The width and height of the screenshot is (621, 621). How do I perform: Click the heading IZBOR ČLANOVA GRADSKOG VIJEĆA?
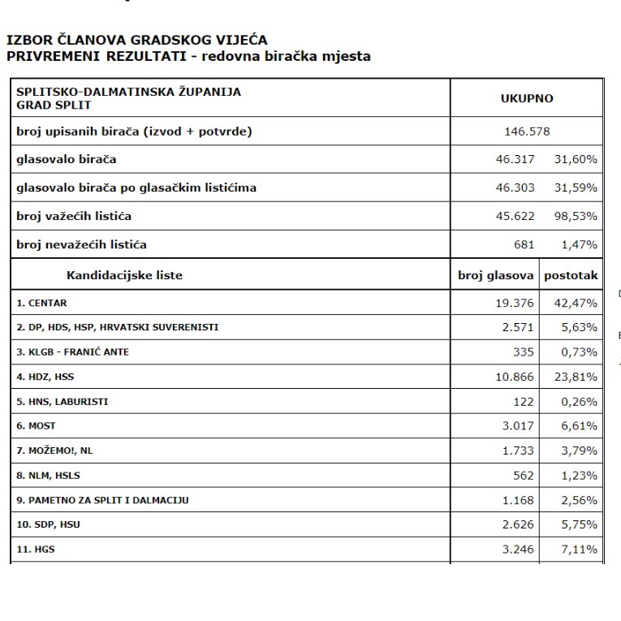click(x=136, y=39)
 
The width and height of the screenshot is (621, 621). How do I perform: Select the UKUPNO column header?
click(x=527, y=98)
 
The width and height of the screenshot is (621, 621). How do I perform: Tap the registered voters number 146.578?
click(x=527, y=132)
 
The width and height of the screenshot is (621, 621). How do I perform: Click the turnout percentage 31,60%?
click(x=576, y=160)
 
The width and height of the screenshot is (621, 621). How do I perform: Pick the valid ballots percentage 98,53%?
click(x=576, y=216)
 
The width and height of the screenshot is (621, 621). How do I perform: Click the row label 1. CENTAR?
click(x=42, y=303)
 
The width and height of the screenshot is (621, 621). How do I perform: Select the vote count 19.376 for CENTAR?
click(x=512, y=303)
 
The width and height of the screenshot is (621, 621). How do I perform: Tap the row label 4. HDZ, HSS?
click(x=50, y=377)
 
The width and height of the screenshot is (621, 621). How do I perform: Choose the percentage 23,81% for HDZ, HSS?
click(x=576, y=377)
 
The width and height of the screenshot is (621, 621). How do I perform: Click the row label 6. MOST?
click(x=37, y=426)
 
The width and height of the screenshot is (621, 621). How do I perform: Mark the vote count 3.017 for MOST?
click(x=516, y=426)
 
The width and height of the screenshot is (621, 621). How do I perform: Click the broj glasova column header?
click(x=495, y=275)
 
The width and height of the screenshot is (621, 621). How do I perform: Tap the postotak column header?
click(x=571, y=275)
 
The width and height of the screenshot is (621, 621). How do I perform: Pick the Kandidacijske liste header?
click(x=124, y=275)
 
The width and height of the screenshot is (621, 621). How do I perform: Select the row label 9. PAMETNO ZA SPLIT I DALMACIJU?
click(x=103, y=500)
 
